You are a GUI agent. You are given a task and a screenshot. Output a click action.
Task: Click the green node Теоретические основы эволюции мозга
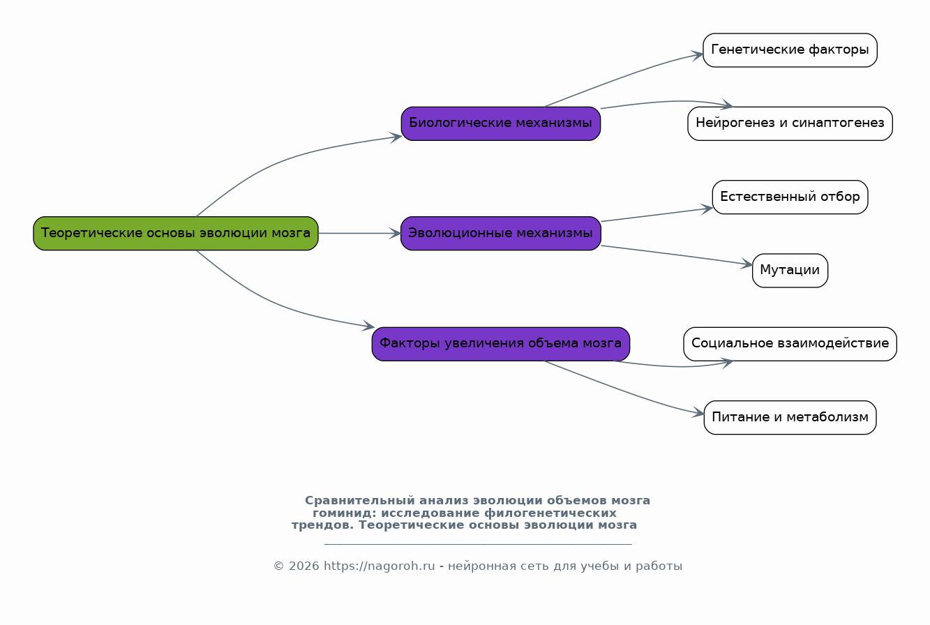(x=176, y=233)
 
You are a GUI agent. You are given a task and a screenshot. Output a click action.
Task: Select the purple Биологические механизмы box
(x=501, y=123)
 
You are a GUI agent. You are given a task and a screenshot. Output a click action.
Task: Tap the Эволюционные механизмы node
(x=501, y=233)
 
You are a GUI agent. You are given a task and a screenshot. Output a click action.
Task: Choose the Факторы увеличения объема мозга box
(x=501, y=344)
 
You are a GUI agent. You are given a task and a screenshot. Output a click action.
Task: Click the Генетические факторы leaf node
(x=790, y=50)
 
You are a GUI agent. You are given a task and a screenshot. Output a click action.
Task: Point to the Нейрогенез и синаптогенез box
(x=790, y=123)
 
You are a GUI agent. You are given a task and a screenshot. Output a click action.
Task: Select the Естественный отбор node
(x=790, y=197)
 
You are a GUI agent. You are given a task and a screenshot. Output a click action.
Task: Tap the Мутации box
(x=790, y=271)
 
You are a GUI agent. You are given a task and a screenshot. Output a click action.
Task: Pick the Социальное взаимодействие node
(x=790, y=344)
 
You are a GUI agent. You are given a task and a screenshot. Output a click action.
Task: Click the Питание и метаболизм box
(x=790, y=418)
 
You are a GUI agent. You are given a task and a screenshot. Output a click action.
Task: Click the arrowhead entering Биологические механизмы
(x=396, y=137)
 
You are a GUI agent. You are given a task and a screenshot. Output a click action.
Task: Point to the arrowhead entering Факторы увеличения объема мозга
(x=368, y=326)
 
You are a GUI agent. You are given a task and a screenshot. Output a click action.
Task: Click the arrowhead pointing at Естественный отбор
(x=707, y=209)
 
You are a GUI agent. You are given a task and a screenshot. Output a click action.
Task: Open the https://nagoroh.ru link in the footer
(x=379, y=566)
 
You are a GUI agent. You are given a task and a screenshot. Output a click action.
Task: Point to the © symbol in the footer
(x=278, y=566)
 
